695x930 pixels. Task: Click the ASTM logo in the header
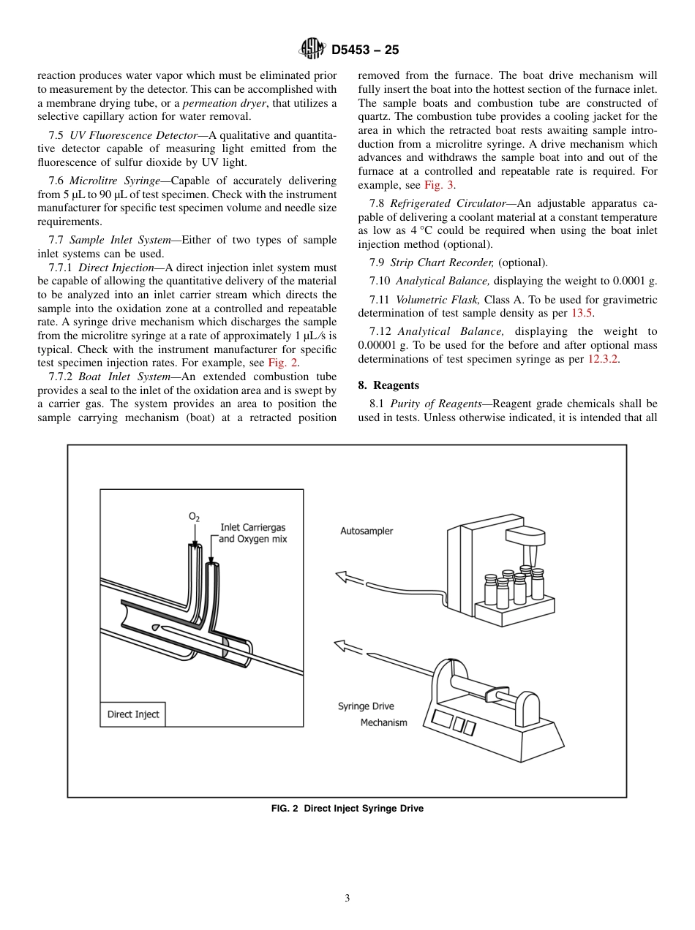coord(312,50)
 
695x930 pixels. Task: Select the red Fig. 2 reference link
coord(282,363)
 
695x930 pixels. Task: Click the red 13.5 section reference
coord(582,313)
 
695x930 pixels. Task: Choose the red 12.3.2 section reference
coord(604,359)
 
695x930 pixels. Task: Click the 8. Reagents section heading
coord(388,385)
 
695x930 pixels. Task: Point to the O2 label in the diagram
coord(194,517)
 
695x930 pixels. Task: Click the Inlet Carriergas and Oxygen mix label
coord(253,533)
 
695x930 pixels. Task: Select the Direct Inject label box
coord(132,714)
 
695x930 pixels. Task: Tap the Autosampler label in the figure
coord(367,531)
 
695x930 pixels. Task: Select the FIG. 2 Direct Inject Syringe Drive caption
coord(347,809)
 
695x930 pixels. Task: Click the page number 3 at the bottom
coord(347,899)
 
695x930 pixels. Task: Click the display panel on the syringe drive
coord(454,724)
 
